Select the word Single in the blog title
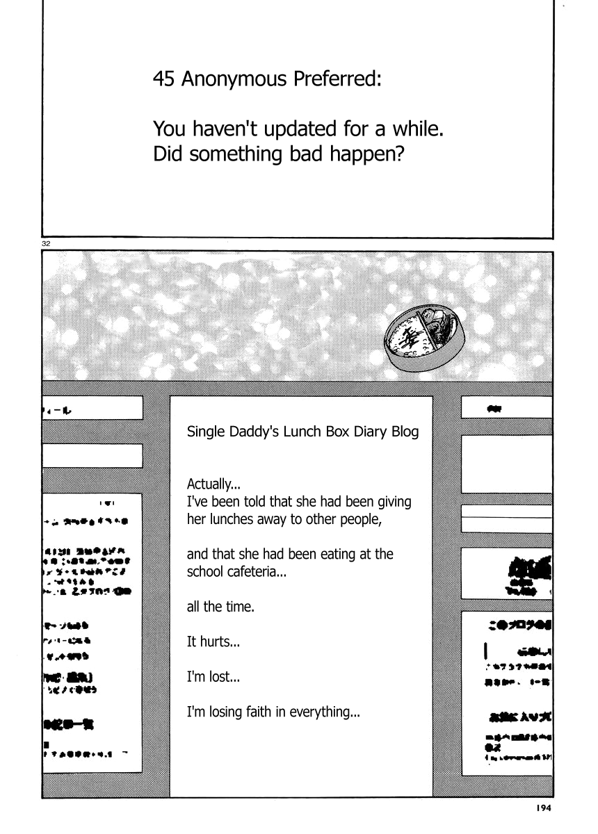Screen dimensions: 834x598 click(x=203, y=432)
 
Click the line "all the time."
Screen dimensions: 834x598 click(x=221, y=607)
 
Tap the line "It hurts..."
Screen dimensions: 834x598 click(x=213, y=642)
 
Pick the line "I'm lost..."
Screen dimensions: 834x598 click(x=213, y=677)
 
